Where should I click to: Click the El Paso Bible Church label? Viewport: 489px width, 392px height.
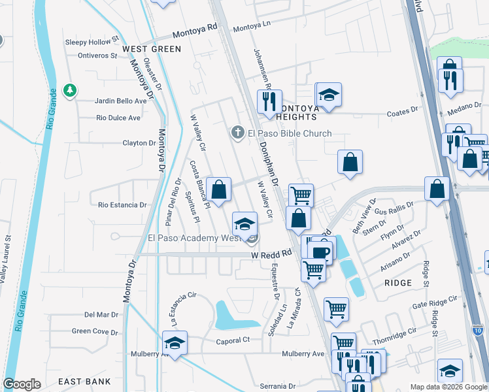[289, 133]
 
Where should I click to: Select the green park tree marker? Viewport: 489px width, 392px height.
[69, 90]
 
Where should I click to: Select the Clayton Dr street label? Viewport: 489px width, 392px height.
[139, 143]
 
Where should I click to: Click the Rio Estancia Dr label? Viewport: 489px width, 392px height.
[122, 205]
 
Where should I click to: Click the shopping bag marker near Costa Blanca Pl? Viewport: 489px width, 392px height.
[220, 189]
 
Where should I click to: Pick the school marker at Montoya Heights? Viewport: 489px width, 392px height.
[329, 95]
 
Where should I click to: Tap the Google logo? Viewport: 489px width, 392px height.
[22, 384]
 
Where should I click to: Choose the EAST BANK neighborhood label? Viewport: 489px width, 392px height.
[84, 381]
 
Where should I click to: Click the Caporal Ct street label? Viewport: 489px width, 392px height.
[233, 340]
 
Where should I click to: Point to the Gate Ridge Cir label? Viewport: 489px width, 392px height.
[437, 306]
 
